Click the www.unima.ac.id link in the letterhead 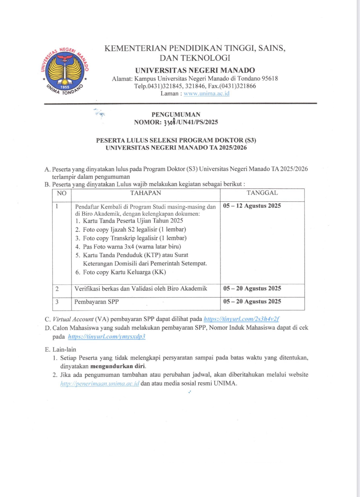click(207, 93)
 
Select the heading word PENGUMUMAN click(176, 115)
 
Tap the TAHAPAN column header click(146, 193)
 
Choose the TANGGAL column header click(262, 193)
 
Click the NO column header click(62, 193)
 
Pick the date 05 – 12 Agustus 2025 click(252, 206)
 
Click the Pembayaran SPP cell click(97, 302)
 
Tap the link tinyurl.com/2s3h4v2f click(241, 319)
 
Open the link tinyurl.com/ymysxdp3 click(107, 337)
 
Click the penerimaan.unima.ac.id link click(100, 383)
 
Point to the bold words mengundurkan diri click(118, 366)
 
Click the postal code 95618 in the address click(270, 78)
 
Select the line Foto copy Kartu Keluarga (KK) click(124, 272)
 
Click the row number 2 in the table click(57, 289)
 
